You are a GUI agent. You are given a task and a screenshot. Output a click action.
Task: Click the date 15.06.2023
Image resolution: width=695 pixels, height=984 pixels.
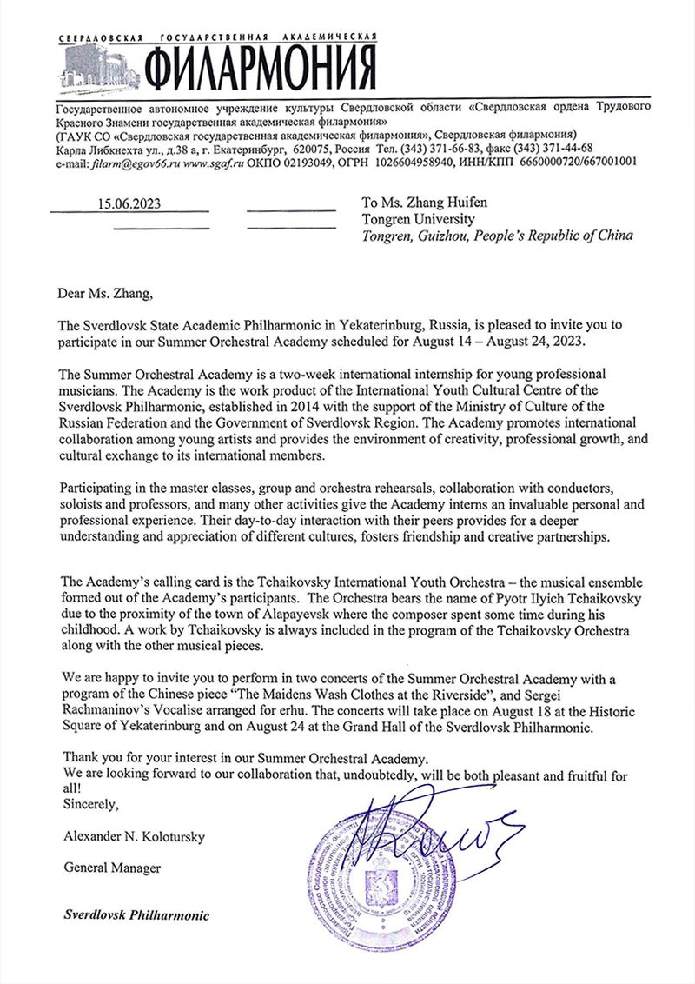130,205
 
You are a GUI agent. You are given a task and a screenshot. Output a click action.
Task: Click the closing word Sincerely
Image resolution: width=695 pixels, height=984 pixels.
90,804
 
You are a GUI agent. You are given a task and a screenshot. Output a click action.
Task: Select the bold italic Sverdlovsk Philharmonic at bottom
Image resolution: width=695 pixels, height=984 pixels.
136,916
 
